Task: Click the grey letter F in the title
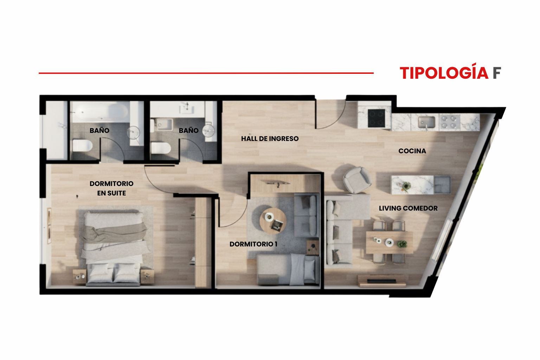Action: (497, 73)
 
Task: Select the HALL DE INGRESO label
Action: (270, 139)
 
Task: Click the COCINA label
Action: (412, 151)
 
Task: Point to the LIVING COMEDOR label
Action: (408, 208)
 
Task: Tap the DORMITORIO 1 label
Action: (253, 244)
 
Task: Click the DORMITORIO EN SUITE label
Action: (111, 188)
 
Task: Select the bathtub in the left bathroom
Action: (101, 112)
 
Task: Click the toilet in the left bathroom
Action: (82, 146)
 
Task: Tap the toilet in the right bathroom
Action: (161, 148)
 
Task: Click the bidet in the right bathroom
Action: (162, 124)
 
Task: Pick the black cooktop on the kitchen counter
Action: (376, 118)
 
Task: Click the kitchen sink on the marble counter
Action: (426, 122)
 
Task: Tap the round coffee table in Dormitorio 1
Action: (273, 221)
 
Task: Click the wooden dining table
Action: (390, 242)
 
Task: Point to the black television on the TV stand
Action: (381, 281)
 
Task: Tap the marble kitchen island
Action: (421, 185)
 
